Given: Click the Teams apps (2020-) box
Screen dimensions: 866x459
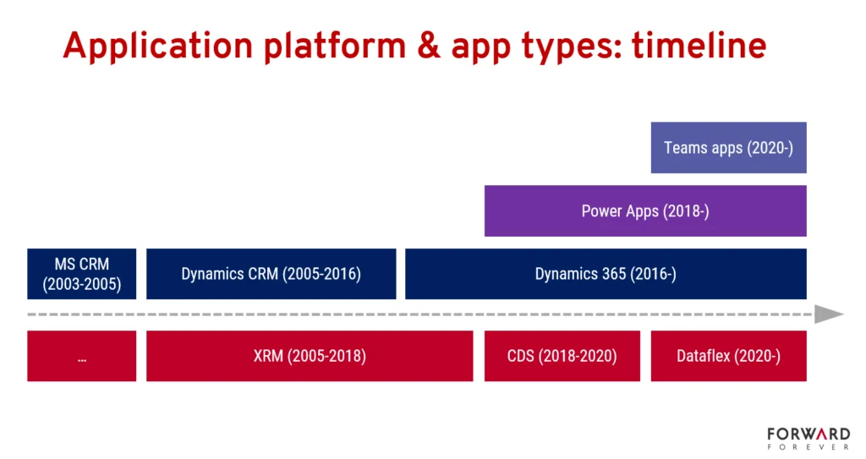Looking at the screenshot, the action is coord(728,147).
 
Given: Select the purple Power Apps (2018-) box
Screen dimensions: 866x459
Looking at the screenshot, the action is coord(645,211).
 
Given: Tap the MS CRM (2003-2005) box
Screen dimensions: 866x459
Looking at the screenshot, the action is coord(82,274).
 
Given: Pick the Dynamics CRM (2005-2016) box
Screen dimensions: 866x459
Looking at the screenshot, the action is coord(271,274).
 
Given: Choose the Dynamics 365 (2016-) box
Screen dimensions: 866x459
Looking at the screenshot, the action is coord(606,274).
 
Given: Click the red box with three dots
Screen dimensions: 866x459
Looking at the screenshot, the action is coord(82,356).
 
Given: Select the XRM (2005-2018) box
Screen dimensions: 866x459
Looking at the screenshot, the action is coord(310,356).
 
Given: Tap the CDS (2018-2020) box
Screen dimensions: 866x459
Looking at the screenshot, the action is coord(562,356).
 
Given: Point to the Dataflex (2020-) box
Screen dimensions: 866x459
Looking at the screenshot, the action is coord(728,356).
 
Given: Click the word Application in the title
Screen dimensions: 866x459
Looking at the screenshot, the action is coord(158,46).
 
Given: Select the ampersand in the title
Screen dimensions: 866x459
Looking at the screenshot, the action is coord(429,46).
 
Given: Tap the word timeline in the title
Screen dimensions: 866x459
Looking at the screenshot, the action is coord(699,46).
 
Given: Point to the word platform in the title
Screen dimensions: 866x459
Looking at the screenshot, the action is coord(335,46).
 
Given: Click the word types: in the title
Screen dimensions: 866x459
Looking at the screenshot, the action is coord(573,47).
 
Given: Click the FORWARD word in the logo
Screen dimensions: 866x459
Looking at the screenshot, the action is coord(808,434).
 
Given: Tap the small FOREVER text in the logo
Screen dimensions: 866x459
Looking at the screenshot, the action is coord(808,447).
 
